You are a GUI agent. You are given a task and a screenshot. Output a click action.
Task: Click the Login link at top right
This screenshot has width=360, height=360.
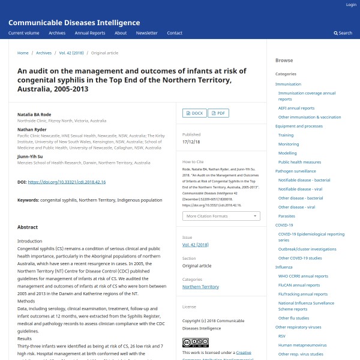pyautogui.click(x=351, y=5)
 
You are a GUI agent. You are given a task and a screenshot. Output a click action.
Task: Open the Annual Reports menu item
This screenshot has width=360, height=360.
pyautogui.click(x=89, y=33)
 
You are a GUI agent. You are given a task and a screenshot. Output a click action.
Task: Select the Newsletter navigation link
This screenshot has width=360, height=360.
pyautogui.click(x=146, y=33)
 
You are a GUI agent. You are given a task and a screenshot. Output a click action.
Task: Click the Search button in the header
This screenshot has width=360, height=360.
pyautogui.click(x=343, y=33)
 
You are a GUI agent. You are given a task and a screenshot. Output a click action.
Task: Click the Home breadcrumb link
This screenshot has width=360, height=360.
pyautogui.click(x=23, y=53)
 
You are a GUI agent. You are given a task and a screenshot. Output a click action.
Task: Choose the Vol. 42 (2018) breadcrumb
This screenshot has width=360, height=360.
pyautogui.click(x=71, y=53)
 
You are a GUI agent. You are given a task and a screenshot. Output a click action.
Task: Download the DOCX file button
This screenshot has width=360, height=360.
pyautogui.click(x=194, y=113)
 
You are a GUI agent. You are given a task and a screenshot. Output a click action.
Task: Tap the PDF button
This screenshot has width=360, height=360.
pyautogui.click(x=218, y=113)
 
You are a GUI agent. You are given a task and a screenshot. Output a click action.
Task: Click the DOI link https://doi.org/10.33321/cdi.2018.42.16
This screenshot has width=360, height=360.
pyautogui.click(x=67, y=182)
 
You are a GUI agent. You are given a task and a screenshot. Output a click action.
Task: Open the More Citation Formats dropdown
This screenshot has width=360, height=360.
pyautogui.click(x=221, y=216)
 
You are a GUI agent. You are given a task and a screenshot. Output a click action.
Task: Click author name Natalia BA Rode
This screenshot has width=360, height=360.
pyautogui.click(x=34, y=113)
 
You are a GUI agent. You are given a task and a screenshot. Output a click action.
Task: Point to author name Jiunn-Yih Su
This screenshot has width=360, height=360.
pyautogui.click(x=30, y=156)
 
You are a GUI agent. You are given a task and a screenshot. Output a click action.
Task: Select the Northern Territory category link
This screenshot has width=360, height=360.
pyautogui.click(x=200, y=287)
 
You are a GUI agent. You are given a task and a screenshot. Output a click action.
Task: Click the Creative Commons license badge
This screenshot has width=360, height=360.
pyautogui.click(x=195, y=343)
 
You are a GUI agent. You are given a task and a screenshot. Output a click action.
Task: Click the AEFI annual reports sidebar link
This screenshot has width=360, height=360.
pyautogui.click(x=296, y=108)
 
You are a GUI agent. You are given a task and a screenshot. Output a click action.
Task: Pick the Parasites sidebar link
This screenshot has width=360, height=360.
pyautogui.click(x=286, y=216)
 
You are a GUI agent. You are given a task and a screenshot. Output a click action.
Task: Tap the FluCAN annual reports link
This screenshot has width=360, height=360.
pyautogui.click(x=302, y=285)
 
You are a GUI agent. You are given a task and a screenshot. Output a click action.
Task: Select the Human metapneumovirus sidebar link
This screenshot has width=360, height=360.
pyautogui.click(x=302, y=345)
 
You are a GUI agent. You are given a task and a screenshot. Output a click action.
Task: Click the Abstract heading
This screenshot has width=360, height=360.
pyautogui.click(x=28, y=227)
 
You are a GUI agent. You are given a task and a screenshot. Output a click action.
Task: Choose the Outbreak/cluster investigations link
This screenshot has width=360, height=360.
pyautogui.click(x=307, y=249)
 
